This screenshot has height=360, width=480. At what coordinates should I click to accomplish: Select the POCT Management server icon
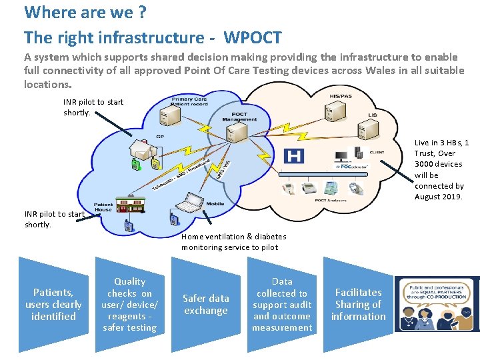click(x=231, y=133)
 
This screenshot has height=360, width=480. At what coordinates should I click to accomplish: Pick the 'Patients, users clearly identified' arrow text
click(x=53, y=305)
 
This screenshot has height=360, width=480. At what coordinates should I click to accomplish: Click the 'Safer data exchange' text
click(x=205, y=305)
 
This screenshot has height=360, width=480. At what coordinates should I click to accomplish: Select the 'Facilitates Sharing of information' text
click(x=358, y=305)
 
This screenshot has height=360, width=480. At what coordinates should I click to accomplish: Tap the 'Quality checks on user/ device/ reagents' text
click(x=129, y=305)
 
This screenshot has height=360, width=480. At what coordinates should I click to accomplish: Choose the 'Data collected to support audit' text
click(x=282, y=305)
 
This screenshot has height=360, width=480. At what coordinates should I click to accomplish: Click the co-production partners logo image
click(x=437, y=305)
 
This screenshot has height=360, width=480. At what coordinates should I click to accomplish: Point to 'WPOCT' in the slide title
click(x=253, y=37)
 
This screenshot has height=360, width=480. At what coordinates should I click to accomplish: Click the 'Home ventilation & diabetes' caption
click(x=233, y=237)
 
